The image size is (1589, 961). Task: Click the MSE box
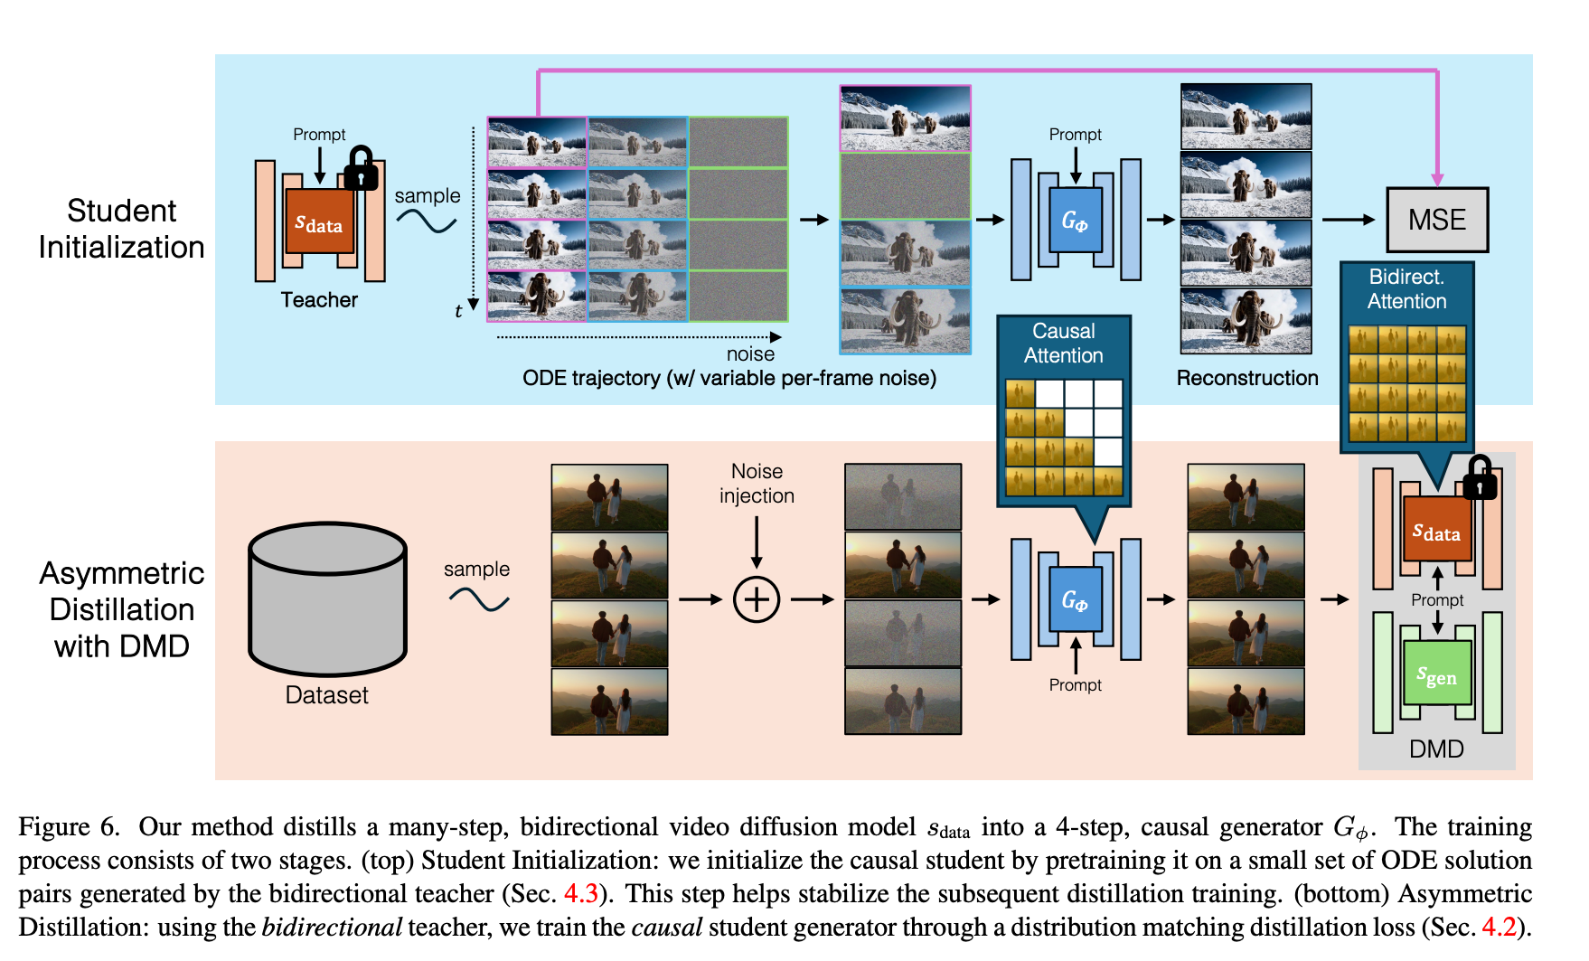[x=1436, y=220]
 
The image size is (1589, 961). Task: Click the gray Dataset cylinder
[x=327, y=598]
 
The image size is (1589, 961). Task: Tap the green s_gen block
[x=1436, y=674]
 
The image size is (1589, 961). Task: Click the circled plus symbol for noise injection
[x=756, y=599]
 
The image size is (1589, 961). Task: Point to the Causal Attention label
[x=1063, y=344]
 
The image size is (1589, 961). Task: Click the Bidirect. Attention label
[x=1406, y=289]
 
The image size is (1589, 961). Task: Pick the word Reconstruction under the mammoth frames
[x=1246, y=378]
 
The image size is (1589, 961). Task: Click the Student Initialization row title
[x=121, y=229]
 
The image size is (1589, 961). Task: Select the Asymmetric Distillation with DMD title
[x=121, y=609]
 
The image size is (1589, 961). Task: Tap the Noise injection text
[x=757, y=484]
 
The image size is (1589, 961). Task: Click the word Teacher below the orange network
[x=319, y=300]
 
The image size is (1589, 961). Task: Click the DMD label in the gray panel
[x=1436, y=749]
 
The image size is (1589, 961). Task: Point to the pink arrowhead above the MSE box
[x=1437, y=179]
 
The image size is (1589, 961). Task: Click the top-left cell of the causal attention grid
[x=1020, y=394]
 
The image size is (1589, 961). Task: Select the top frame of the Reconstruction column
[x=1246, y=117]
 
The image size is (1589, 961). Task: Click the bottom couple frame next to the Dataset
[x=609, y=702]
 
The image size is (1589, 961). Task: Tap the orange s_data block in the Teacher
[x=319, y=221]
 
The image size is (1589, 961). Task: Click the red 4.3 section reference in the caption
[x=580, y=894]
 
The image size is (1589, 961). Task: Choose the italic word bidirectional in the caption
[x=332, y=928]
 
